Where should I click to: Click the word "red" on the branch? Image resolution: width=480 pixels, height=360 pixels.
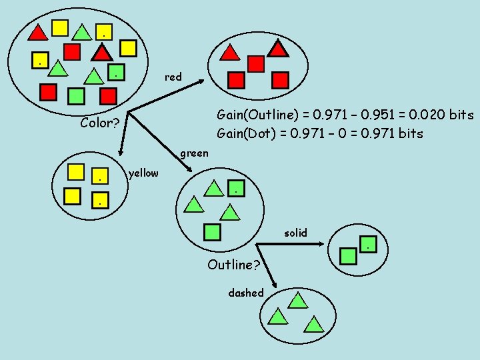coord(173,77)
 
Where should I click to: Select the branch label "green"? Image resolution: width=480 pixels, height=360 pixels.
coord(194,153)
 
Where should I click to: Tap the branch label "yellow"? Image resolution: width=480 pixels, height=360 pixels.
coord(143,173)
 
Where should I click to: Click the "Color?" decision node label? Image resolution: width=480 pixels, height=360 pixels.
coord(99,123)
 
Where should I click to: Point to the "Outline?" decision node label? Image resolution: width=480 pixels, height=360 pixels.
coord(233,265)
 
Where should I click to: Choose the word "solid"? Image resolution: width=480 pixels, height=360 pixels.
coord(295,233)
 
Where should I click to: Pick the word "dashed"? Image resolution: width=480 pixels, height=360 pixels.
coord(246,293)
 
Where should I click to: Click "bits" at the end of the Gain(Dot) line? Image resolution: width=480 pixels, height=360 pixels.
coord(409,133)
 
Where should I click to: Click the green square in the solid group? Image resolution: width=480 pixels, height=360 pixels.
coord(347,255)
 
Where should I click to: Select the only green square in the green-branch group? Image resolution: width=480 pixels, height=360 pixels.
coord(212,232)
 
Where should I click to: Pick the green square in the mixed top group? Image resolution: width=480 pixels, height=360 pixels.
coord(77,95)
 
